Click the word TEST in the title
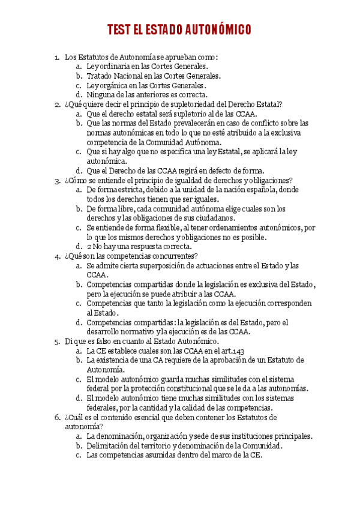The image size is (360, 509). [119, 30]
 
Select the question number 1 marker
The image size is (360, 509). [57, 57]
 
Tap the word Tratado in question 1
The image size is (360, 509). [100, 76]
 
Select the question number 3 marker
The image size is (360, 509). [57, 180]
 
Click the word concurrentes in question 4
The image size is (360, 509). [169, 256]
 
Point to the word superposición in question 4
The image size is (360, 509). [163, 265]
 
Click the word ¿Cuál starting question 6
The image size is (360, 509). [75, 417]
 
